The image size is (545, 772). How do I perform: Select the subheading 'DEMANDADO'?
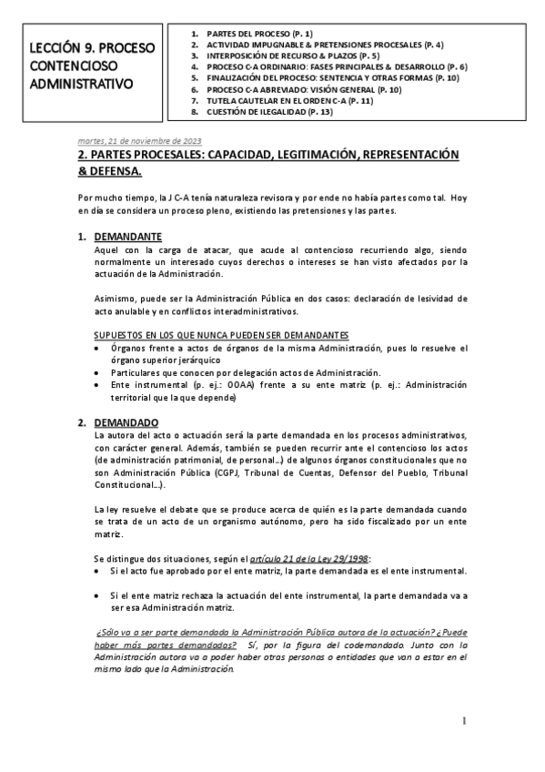(x=126, y=422)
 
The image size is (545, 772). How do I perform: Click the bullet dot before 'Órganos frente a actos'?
(x=98, y=349)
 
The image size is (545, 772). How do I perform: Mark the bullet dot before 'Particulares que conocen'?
(x=98, y=373)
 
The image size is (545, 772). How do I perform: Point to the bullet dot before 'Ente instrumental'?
(x=98, y=386)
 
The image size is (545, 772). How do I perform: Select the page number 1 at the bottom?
(x=463, y=721)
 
